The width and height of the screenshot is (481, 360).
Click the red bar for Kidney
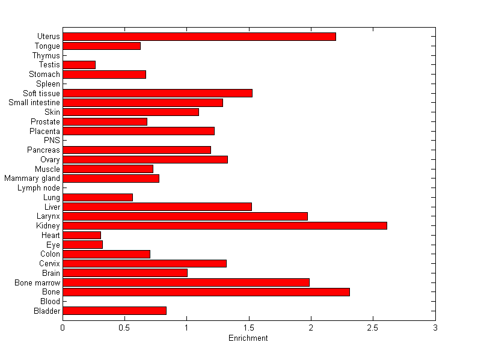point(224,225)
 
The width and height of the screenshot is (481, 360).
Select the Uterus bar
point(199,37)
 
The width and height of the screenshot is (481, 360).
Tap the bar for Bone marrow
point(186,282)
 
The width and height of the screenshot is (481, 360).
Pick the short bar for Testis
point(79,65)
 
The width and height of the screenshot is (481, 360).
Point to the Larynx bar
point(185,216)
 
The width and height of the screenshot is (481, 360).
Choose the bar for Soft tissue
point(157,93)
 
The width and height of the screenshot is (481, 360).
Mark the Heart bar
point(82,235)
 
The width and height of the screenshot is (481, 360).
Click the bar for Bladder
point(114,311)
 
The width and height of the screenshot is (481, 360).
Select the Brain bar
point(124,273)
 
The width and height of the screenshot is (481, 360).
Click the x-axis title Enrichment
point(248,338)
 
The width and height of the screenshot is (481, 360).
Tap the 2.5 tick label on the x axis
point(373,327)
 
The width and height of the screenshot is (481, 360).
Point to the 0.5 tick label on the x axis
point(124,327)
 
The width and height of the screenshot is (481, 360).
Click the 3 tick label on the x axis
point(435,327)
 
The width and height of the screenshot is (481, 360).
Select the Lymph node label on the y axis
point(38,188)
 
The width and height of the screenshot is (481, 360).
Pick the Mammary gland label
point(32,178)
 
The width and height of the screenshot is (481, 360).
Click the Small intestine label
point(34,103)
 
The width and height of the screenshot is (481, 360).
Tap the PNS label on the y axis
point(52,141)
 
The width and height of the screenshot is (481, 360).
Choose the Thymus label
point(46,56)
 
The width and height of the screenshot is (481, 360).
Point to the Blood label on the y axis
point(50,301)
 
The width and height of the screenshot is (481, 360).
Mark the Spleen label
point(48,84)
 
